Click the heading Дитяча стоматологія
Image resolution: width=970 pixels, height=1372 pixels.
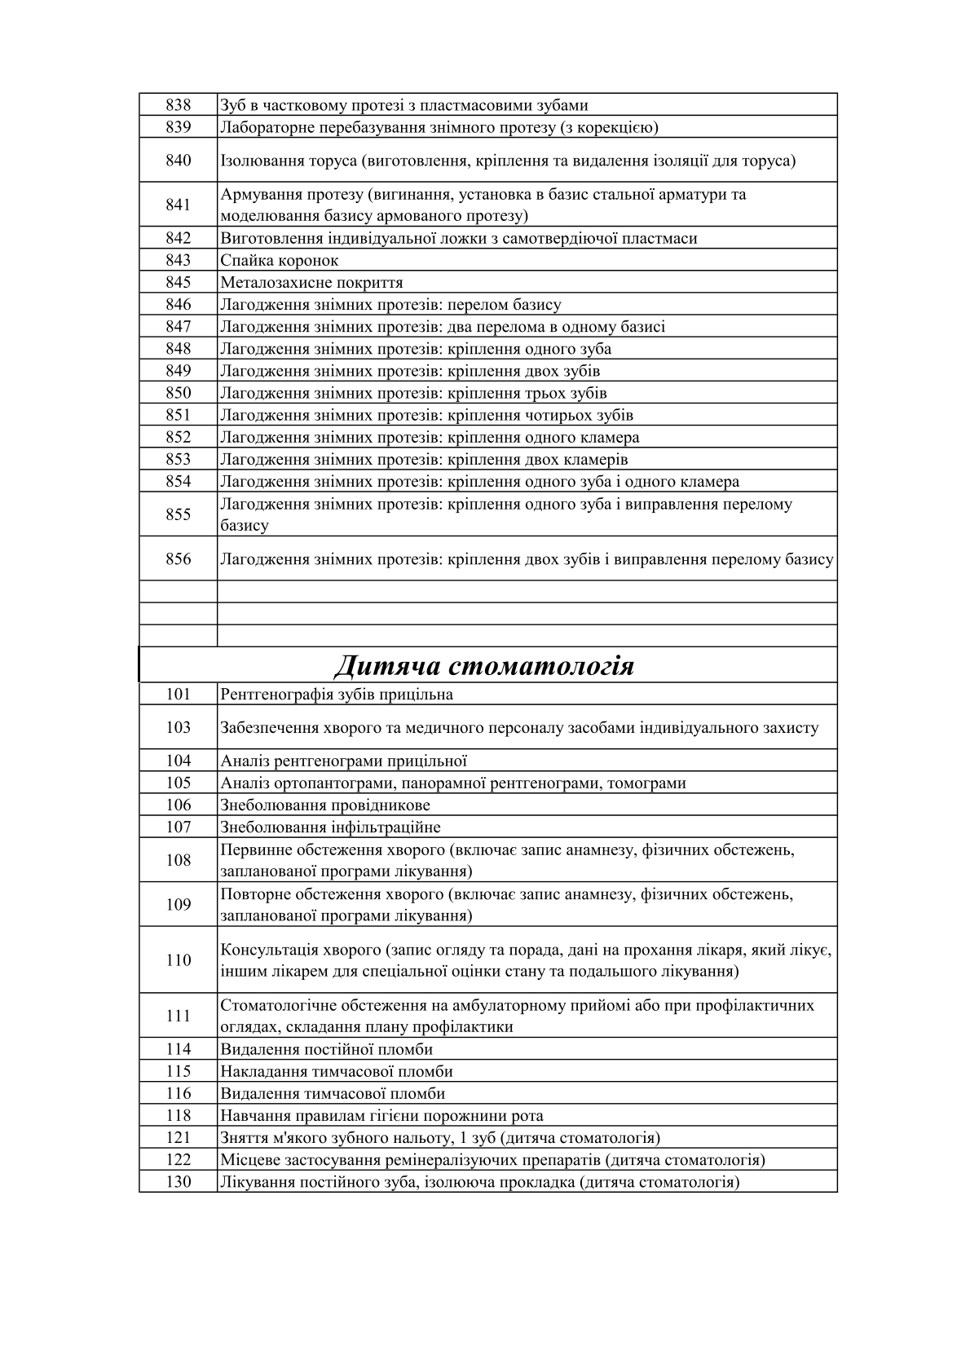pyautogui.click(x=484, y=666)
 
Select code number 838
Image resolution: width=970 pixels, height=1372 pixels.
pyautogui.click(x=178, y=105)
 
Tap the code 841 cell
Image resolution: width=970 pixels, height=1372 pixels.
pyautogui.click(x=178, y=205)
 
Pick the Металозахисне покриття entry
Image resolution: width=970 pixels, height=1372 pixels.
pyautogui.click(x=311, y=283)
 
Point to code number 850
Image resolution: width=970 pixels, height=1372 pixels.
pyautogui.click(x=178, y=393)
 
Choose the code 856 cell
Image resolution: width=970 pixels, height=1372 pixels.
pyautogui.click(x=178, y=559)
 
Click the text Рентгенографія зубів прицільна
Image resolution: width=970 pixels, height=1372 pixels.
pyautogui.click(x=337, y=695)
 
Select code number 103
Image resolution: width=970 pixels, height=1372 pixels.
pyautogui.click(x=178, y=728)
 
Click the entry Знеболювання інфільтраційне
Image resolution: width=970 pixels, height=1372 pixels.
pyautogui.click(x=330, y=827)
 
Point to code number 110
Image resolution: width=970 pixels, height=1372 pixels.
pyautogui.click(x=178, y=960)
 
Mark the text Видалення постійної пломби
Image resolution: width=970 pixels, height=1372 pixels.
pyautogui.click(x=326, y=1049)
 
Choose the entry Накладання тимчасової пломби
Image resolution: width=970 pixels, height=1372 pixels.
pyautogui.click(x=336, y=1071)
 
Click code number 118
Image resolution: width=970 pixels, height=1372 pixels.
pyautogui.click(x=178, y=1116)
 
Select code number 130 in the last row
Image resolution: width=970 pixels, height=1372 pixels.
pyautogui.click(x=178, y=1182)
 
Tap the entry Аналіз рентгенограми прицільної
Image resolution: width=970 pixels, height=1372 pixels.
pyautogui.click(x=343, y=761)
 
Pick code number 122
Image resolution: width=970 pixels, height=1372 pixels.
pyautogui.click(x=178, y=1160)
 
